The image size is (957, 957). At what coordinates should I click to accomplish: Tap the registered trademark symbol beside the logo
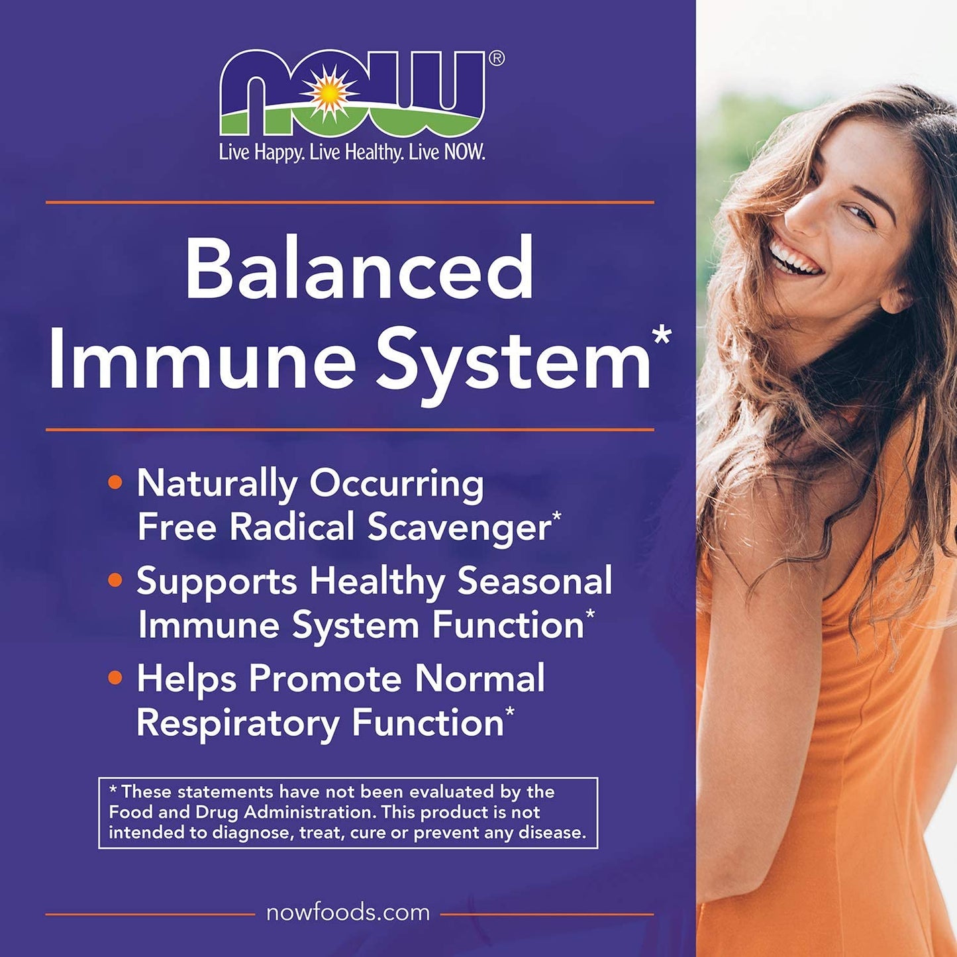click(497, 59)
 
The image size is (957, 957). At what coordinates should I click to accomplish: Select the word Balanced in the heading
click(360, 270)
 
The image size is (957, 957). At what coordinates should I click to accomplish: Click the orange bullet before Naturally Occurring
click(115, 483)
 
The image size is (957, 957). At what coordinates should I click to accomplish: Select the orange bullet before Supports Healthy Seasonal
click(115, 581)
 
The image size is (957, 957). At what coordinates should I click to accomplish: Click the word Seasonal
click(535, 581)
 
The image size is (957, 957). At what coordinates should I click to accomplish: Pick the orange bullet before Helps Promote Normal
click(115, 678)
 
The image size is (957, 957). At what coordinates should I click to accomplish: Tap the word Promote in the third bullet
click(325, 679)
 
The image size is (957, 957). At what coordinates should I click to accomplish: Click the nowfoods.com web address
click(348, 913)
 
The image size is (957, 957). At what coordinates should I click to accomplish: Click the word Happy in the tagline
click(277, 153)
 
